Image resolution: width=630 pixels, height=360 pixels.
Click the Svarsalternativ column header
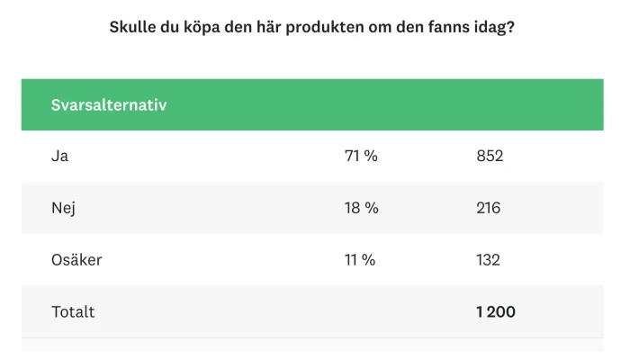coord(109,104)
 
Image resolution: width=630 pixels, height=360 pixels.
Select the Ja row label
coord(60,156)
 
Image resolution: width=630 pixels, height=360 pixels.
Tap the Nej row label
coord(63,208)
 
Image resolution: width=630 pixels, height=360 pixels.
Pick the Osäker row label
coord(76,260)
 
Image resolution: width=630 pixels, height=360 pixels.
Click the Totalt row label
coord(73,312)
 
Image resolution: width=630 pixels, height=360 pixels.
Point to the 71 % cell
coord(361,156)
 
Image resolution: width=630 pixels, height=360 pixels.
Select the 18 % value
coord(361,208)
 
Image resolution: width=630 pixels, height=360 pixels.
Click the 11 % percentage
coord(360,260)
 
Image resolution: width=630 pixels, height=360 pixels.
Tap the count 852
coord(490,156)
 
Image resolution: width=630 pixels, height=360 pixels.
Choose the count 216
coord(488,208)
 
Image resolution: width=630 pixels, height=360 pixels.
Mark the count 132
coord(488,260)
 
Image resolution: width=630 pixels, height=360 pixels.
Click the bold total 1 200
coord(496,312)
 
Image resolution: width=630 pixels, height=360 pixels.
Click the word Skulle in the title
coord(132,27)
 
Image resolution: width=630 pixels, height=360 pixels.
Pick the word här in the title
coord(270,27)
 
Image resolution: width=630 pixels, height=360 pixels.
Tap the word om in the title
coord(373,27)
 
